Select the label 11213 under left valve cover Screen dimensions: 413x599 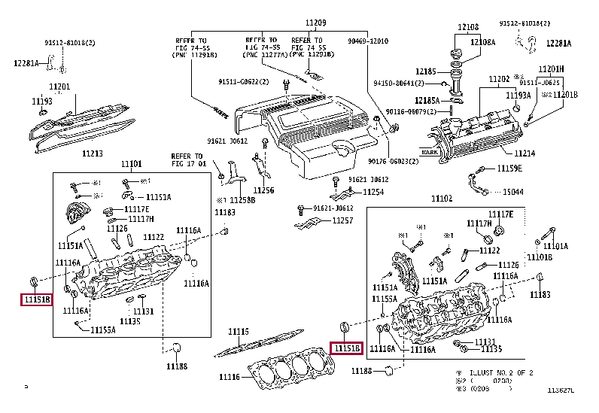(x=93, y=153)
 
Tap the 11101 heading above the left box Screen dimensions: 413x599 (x=132, y=164)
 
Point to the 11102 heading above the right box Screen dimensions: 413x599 (x=442, y=199)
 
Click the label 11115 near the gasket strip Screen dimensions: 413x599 (x=239, y=332)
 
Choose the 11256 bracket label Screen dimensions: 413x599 (x=264, y=190)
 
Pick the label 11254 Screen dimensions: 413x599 (x=373, y=192)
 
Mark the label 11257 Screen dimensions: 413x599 (x=342, y=220)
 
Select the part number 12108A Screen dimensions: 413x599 (x=483, y=43)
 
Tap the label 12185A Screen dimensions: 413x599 (x=427, y=100)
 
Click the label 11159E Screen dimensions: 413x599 (x=509, y=169)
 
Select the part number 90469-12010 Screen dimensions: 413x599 (x=368, y=41)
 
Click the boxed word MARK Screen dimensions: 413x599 (x=429, y=152)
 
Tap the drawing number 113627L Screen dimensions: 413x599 (x=561, y=390)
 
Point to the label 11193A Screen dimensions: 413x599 (x=518, y=96)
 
